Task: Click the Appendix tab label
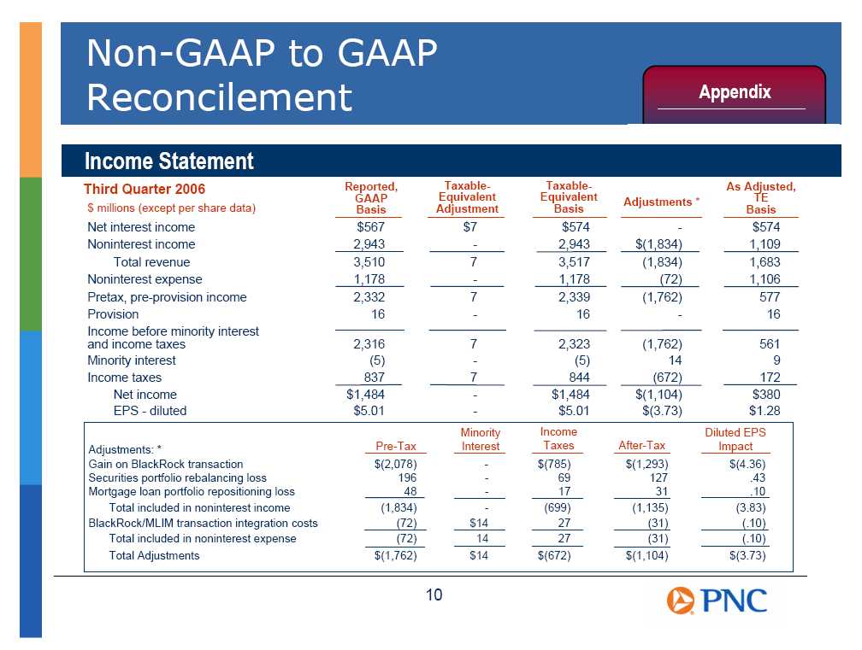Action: (x=735, y=92)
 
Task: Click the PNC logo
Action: (x=717, y=600)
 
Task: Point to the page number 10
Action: (x=434, y=594)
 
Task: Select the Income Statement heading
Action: (x=168, y=161)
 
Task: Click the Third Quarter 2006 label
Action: (x=144, y=189)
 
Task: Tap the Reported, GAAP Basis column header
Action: (x=371, y=198)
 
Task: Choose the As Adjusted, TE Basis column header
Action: (x=761, y=198)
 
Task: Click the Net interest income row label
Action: (x=141, y=226)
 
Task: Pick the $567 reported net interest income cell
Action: (x=370, y=226)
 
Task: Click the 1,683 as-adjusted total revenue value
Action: (x=765, y=262)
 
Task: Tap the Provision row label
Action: (x=113, y=314)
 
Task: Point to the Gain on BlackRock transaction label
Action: (x=166, y=464)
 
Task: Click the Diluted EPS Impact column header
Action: (x=735, y=439)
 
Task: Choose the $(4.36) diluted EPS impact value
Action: (x=747, y=464)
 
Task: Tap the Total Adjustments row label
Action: (x=154, y=555)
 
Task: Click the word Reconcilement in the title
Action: (x=219, y=97)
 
